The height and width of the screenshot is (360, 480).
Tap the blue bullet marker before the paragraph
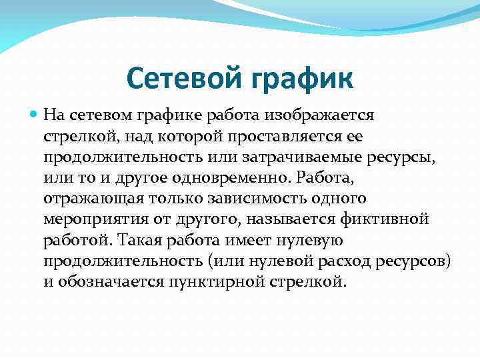pos(34,114)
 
